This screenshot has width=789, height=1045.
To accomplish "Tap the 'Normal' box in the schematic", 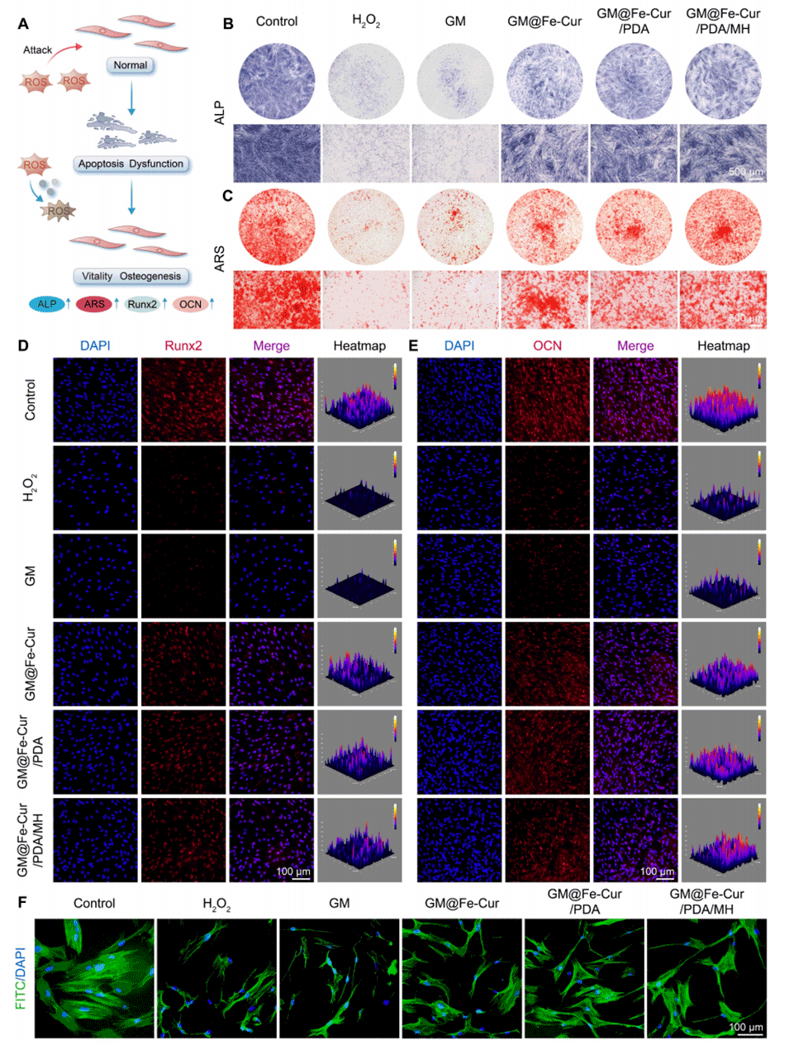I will pos(131,65).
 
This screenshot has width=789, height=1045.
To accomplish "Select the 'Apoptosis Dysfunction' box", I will pos(131,164).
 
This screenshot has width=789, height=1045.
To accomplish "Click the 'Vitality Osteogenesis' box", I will pos(131,276).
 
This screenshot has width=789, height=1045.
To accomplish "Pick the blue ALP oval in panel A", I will pos(47,304).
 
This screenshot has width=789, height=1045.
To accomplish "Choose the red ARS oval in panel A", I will pos(95,304).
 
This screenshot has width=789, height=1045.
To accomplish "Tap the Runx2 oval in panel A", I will pos(142,304).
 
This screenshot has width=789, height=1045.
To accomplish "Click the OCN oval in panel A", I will pos(191,304).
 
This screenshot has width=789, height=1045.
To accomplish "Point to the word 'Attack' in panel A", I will pos(37,50).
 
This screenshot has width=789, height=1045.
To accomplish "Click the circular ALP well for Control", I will pos(277,81).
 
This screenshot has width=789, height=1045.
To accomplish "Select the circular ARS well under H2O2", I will pos(366,226).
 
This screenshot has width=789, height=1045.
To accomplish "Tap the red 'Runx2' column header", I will pos(183,346).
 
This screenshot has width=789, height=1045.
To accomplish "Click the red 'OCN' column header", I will pos(547,346).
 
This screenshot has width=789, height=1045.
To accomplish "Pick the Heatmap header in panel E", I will pos(723,346).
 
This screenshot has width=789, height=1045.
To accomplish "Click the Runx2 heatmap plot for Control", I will pos(359,400).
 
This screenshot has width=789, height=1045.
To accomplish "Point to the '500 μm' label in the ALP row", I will pos(745,172).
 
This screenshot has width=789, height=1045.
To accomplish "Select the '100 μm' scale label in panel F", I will pos(745,1027).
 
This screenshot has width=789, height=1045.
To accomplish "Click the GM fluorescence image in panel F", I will pos(339,978).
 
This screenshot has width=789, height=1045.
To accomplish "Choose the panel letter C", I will pos(228,197).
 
